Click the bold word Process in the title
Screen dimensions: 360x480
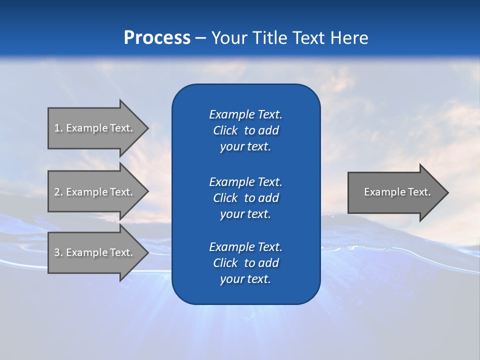click(x=157, y=38)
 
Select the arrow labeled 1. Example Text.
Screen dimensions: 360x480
click(x=95, y=128)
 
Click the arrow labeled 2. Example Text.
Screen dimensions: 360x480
click(x=95, y=192)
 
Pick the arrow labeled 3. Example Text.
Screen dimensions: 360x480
click(x=95, y=252)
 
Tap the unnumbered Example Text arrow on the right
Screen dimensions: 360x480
click(x=395, y=192)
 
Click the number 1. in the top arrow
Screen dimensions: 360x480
click(x=58, y=128)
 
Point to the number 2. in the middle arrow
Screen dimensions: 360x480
click(x=58, y=192)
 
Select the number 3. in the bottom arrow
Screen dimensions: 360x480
click(x=58, y=252)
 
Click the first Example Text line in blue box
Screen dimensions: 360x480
click(x=245, y=114)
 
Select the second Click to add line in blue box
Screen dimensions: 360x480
click(x=245, y=198)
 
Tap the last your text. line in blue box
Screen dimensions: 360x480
click(x=245, y=279)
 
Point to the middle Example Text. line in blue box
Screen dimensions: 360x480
click(x=245, y=181)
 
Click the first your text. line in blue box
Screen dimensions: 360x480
click(x=245, y=147)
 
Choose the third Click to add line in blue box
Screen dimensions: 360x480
click(x=245, y=263)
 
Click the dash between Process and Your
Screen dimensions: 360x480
click(x=200, y=38)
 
